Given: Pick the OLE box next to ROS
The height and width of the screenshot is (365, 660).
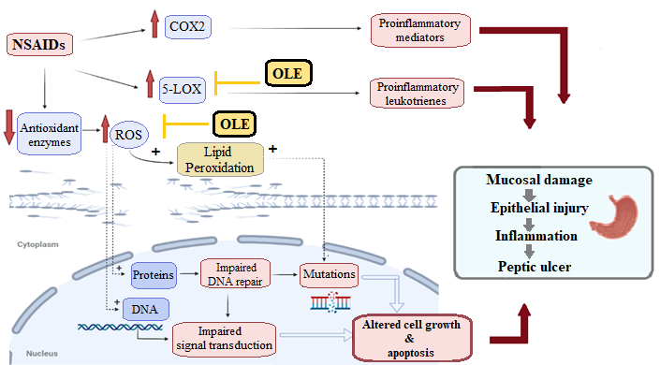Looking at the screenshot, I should (234, 123).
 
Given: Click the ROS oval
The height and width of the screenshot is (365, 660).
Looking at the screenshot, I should (127, 136).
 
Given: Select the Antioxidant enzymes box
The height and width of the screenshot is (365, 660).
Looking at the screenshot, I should (53, 131).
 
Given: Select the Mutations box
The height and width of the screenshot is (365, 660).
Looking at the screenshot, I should (328, 275).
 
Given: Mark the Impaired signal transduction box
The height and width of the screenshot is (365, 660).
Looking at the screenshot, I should (225, 338).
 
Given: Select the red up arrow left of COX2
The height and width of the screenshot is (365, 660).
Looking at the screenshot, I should (154, 22).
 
